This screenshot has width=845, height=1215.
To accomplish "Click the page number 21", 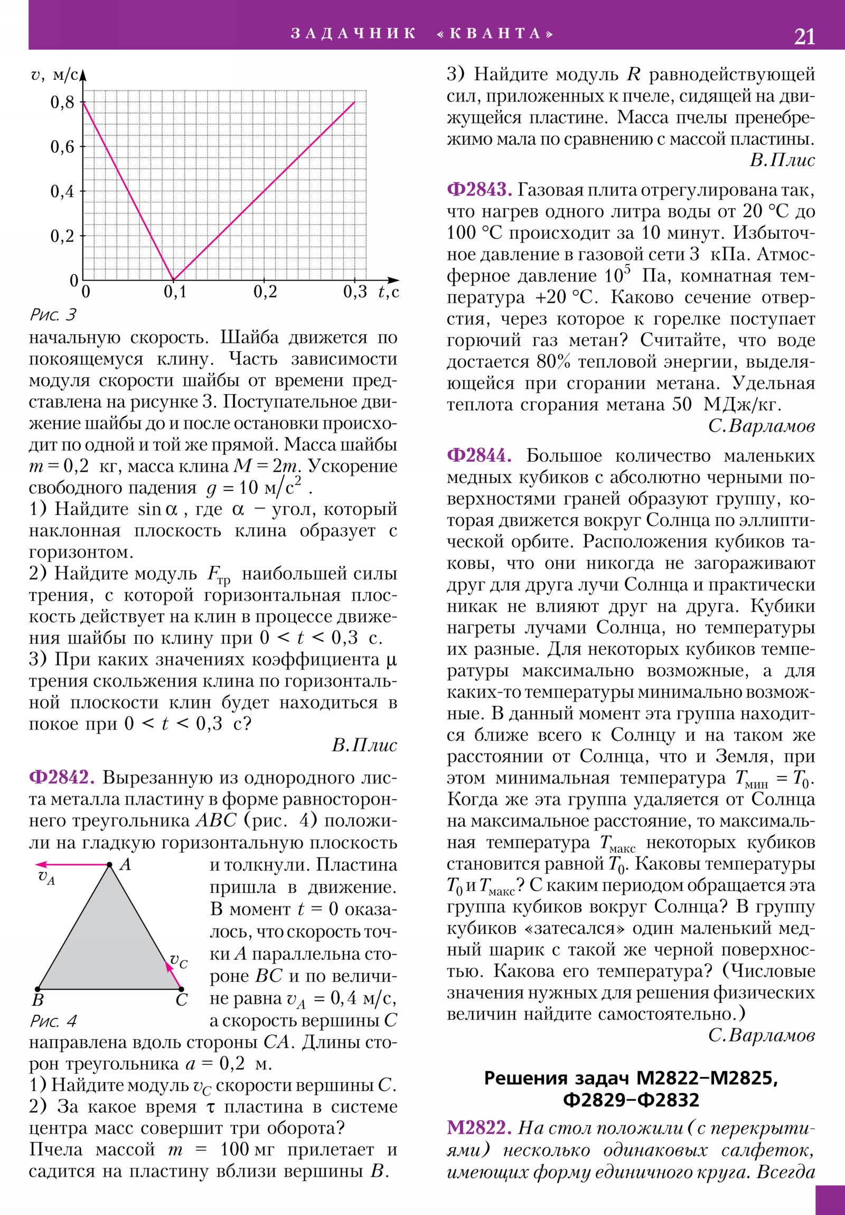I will click(804, 36).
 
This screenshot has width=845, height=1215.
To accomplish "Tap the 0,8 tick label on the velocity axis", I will click(62, 102).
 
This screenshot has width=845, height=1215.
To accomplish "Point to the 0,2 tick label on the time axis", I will click(265, 292).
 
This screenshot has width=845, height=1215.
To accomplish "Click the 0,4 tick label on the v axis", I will click(62, 192).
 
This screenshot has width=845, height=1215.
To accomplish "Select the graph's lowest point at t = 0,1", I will click(174, 279).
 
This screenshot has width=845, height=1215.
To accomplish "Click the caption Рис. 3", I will click(53, 315).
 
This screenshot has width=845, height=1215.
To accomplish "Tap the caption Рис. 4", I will click(53, 1020).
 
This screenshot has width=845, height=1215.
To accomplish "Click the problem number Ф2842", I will click(61, 778).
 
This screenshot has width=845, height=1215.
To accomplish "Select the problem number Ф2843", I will click(479, 190).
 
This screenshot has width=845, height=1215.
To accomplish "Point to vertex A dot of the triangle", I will click(109, 865).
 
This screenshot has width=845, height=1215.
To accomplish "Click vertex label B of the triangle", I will click(37, 1000).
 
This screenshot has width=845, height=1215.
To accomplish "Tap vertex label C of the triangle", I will click(182, 1000).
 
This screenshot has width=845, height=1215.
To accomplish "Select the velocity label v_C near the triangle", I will click(179, 961).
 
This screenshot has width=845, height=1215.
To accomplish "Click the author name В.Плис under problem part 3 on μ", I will click(364, 745).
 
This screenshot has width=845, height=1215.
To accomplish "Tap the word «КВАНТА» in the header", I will click(495, 34).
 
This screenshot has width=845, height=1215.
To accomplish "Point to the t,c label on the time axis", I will click(388, 292).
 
